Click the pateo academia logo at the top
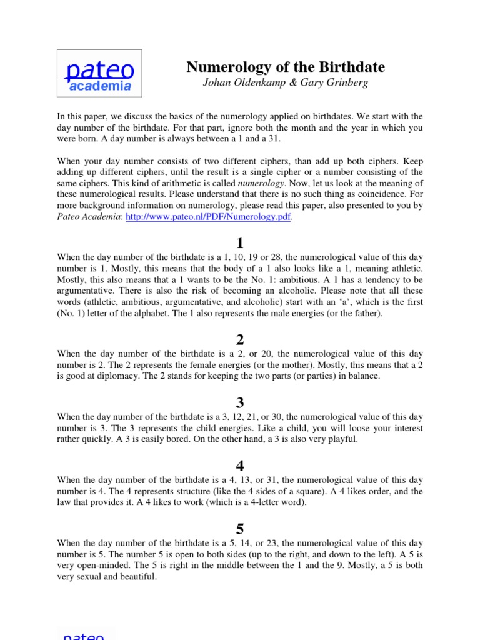click(x=99, y=73)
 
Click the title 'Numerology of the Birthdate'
click(x=286, y=67)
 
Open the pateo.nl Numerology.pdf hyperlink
click(x=209, y=217)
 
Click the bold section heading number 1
click(x=240, y=244)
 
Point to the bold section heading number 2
click(x=240, y=340)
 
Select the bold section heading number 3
click(x=240, y=403)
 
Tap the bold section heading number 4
click(x=240, y=466)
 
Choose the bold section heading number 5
click(x=240, y=529)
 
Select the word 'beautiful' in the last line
click(x=136, y=577)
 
